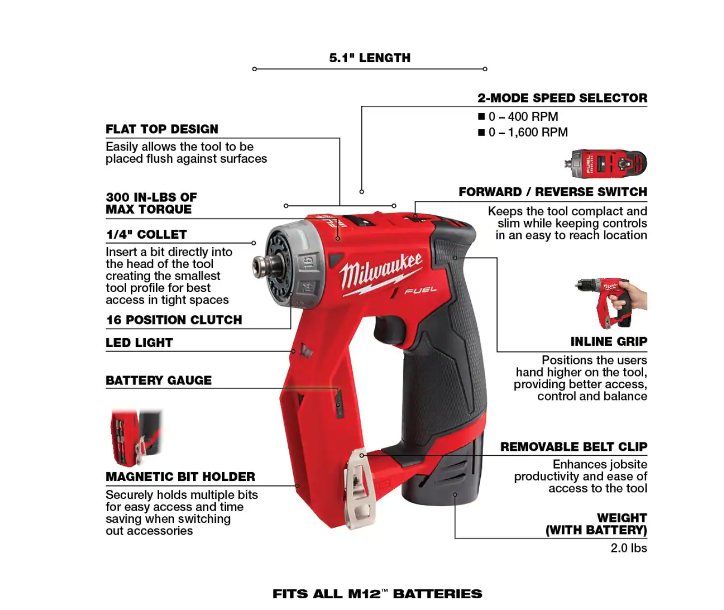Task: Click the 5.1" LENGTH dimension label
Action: (x=370, y=58)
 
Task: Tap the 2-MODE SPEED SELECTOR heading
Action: (x=562, y=98)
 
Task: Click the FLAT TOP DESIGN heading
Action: (x=162, y=129)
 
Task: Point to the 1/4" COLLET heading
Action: (x=146, y=235)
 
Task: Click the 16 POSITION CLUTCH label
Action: (x=174, y=320)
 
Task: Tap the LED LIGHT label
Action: (x=139, y=342)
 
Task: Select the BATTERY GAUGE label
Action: (x=159, y=380)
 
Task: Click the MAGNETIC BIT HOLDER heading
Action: (x=180, y=477)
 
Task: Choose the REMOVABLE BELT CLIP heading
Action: (x=573, y=447)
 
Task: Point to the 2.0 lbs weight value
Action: (x=629, y=548)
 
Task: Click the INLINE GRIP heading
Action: (x=609, y=341)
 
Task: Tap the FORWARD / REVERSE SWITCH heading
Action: (x=553, y=191)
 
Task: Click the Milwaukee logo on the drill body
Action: (x=381, y=274)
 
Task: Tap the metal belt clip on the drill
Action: (x=360, y=489)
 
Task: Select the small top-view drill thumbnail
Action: (x=605, y=163)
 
